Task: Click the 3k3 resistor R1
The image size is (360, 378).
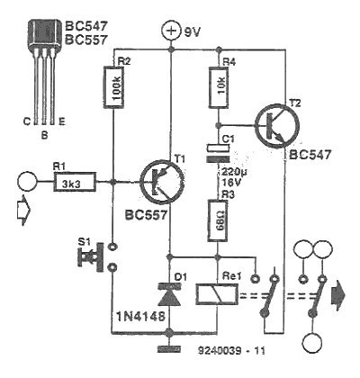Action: (75, 182)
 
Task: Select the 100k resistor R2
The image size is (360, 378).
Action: (113, 87)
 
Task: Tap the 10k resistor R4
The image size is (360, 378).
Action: (218, 87)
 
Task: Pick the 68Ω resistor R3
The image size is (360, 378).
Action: (218, 221)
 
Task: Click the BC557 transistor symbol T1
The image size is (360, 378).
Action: (162, 182)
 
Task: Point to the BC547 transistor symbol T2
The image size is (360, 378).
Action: (277, 126)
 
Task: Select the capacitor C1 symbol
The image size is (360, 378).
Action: (218, 154)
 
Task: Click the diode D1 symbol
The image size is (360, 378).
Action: (169, 296)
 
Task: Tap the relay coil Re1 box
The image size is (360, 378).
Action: (217, 295)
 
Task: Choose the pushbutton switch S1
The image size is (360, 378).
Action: (96, 257)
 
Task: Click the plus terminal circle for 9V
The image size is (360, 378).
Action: (171, 31)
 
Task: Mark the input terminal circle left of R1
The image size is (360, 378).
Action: (27, 181)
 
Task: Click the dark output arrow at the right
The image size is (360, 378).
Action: (337, 295)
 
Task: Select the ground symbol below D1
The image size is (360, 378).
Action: (169, 349)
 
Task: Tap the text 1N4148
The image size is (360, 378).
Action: (141, 316)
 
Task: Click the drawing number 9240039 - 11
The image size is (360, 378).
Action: (231, 350)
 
